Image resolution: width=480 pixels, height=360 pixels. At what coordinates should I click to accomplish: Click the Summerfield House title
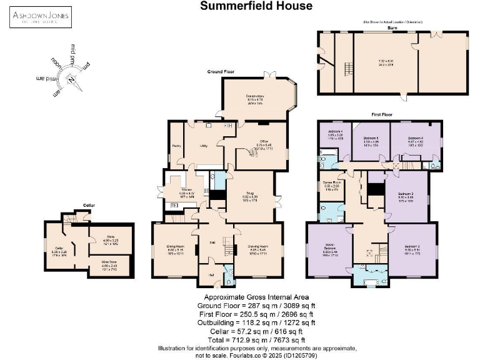[x=256, y=6]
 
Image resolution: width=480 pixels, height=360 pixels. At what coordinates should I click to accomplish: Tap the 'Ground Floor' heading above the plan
[x=221, y=72]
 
